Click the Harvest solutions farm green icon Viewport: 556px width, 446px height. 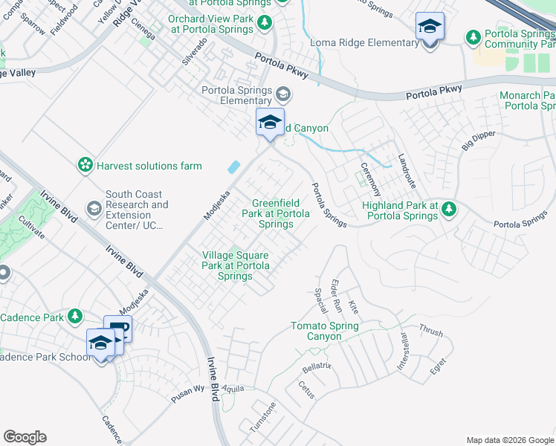[86, 164]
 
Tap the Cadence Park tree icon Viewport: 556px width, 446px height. [74, 317]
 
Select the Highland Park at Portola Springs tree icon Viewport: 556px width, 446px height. [448, 209]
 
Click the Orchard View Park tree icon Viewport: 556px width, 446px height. [265, 23]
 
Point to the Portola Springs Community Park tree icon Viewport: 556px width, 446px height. [473, 36]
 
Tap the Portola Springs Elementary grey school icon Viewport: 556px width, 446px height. [282, 94]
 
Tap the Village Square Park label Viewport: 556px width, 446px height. [235, 265]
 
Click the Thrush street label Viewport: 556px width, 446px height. [430, 329]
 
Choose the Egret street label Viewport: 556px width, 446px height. [438, 366]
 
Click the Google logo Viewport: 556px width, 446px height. [25, 437]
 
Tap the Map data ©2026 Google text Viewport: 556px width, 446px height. [509, 440]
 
